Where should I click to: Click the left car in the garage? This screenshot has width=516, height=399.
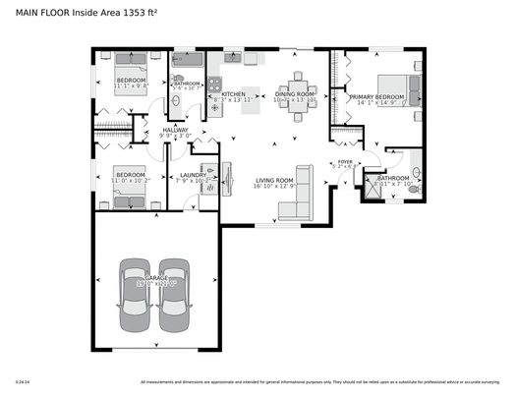[137, 295]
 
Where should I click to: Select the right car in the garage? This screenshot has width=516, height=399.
[174, 295]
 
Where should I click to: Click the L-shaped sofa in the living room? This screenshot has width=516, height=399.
[298, 197]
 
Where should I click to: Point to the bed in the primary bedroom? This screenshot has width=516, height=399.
[403, 90]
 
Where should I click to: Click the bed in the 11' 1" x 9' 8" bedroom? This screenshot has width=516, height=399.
[130, 68]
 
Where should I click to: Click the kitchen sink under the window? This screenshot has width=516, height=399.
[232, 60]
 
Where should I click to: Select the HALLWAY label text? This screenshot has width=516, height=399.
[176, 130]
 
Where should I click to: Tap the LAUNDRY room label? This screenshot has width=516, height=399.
[192, 175]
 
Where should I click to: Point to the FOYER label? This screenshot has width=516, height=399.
[345, 161]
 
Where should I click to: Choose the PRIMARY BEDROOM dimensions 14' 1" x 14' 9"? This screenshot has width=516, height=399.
[376, 102]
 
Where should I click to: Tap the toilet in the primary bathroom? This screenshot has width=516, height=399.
[414, 188]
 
